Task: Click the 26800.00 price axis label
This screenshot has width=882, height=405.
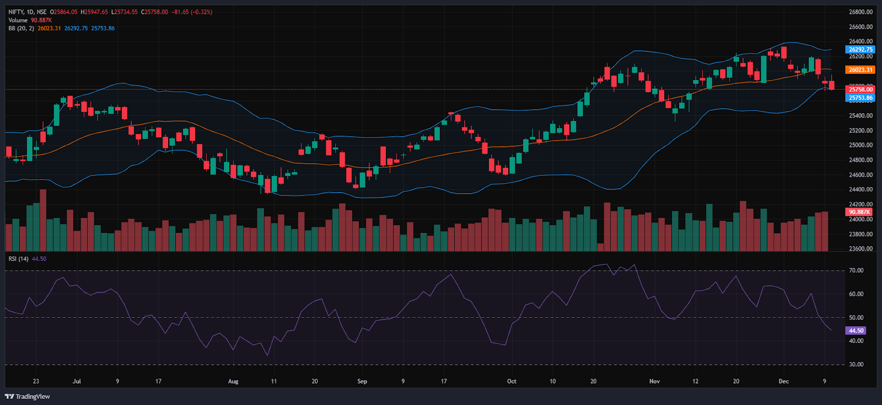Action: (x=861, y=12)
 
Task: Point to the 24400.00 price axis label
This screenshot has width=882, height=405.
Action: (x=861, y=189)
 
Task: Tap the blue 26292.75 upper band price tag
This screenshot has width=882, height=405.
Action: (x=861, y=50)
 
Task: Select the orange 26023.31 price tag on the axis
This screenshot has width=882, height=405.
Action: (x=861, y=70)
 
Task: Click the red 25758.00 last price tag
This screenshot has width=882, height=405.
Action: (x=861, y=89)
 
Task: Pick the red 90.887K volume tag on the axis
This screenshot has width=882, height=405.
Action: (x=859, y=212)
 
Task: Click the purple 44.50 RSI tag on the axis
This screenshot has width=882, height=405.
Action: (x=856, y=331)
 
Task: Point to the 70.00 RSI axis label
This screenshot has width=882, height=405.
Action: (x=856, y=270)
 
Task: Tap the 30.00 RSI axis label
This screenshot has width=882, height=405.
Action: (x=856, y=365)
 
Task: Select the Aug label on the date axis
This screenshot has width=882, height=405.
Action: (x=233, y=381)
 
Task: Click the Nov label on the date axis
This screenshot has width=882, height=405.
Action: (x=654, y=381)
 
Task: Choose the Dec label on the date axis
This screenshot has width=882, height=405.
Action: (x=783, y=381)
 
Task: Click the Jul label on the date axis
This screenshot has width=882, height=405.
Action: (x=77, y=381)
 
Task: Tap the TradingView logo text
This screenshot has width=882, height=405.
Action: (x=33, y=396)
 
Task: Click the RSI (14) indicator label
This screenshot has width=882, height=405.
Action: (x=19, y=259)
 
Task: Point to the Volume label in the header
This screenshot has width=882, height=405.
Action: (x=18, y=20)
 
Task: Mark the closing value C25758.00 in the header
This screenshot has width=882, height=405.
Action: (x=154, y=12)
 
